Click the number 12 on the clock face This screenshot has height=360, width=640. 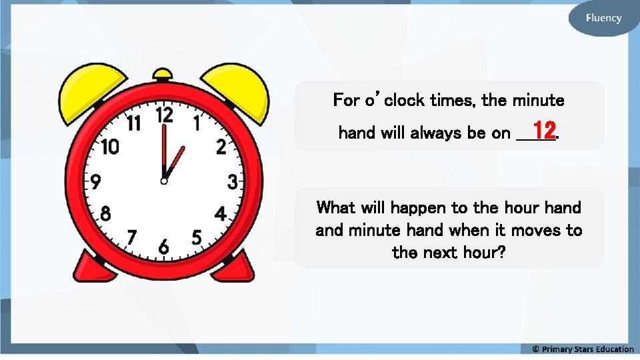(165, 115)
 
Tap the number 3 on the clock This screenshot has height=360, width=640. (233, 181)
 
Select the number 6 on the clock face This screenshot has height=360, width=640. (164, 247)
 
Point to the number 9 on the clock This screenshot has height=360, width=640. (96, 181)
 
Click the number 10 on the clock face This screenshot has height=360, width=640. (110, 147)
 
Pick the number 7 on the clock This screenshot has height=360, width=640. (132, 237)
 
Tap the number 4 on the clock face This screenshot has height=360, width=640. (220, 215)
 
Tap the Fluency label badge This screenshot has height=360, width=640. (603, 18)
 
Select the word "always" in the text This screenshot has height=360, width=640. (434, 133)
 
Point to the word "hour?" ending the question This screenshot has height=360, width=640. (481, 253)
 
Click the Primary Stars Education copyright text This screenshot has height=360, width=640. (583, 349)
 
